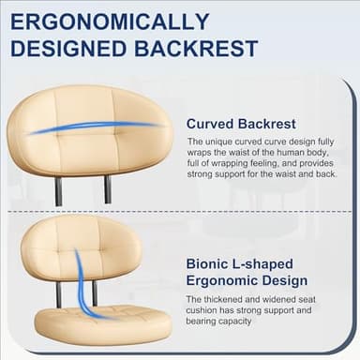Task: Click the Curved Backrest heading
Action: click(x=241, y=123)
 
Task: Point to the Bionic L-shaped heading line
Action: click(x=240, y=263)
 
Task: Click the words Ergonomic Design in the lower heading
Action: click(x=247, y=280)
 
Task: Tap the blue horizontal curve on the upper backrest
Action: click(x=94, y=127)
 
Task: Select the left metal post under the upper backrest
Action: click(x=59, y=190)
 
